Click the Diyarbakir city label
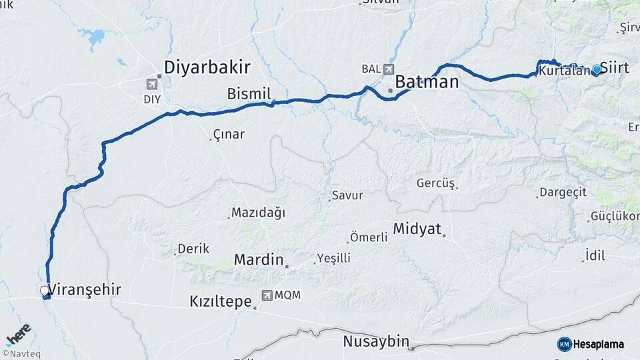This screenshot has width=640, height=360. point(207,67)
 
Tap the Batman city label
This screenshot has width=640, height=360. point(427,82)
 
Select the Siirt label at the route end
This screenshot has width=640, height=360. point(615,67)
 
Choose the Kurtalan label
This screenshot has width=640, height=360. point(564,70)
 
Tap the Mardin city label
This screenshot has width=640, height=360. point(259,260)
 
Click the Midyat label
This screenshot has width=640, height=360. point(417,229)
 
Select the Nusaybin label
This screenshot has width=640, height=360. point(375,341)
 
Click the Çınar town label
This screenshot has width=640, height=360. point(228,135)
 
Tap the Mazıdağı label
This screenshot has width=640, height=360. point(258,213)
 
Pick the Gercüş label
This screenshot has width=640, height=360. point(435,183)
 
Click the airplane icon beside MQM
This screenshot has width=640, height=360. point(267,295)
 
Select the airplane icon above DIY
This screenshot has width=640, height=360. point(152,85)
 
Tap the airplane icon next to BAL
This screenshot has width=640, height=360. point(389,69)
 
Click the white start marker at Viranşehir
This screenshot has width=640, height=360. point(44,291)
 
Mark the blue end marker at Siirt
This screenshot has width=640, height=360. point(596,69)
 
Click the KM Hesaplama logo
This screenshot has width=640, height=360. point(591,344)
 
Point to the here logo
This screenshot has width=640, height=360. point(18,333)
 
